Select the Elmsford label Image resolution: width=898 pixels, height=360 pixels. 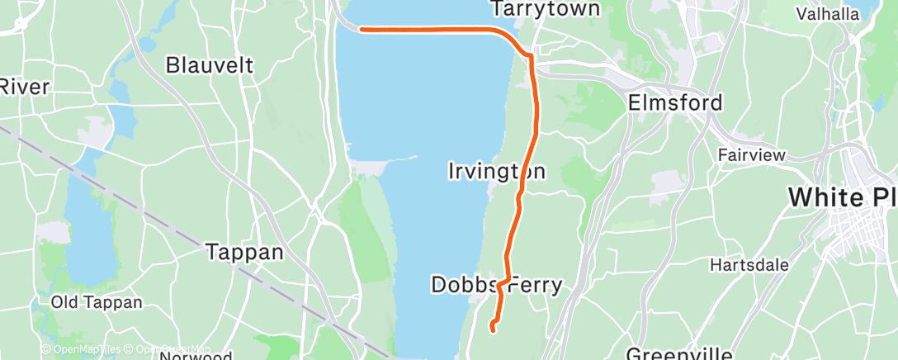(x=675, y=103)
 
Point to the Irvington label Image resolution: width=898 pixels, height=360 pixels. (x=496, y=172)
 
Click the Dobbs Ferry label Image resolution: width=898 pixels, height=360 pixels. (x=496, y=286)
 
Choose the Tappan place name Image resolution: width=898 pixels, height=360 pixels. (x=243, y=252)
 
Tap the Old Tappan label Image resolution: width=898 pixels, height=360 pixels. (x=88, y=301)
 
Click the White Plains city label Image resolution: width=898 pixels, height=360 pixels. (x=842, y=197)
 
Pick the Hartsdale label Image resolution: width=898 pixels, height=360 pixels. (x=749, y=266)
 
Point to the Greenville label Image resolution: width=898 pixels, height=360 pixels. (x=678, y=354)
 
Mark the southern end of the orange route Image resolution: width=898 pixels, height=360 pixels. (x=492, y=329)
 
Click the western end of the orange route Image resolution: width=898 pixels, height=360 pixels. (x=362, y=29)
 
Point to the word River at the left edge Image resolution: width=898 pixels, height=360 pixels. (x=25, y=87)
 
